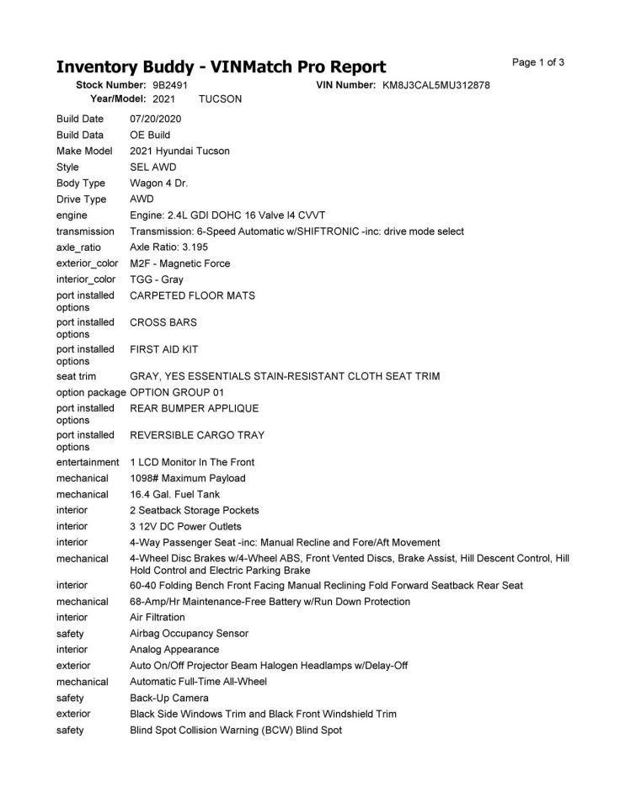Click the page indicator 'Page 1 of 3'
[x=538, y=62]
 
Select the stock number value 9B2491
[x=170, y=86]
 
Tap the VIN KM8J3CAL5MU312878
[x=436, y=86]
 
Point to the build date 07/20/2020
[x=156, y=119]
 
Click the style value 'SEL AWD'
[x=153, y=167]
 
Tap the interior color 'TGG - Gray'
[x=157, y=279]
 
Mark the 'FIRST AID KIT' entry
[x=164, y=349]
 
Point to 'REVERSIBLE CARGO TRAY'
[x=197, y=435]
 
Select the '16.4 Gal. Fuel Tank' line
[x=174, y=495]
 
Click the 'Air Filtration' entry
[x=158, y=617]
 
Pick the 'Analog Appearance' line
[x=174, y=650]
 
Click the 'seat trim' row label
[x=77, y=376]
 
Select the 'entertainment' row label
[x=88, y=462]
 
